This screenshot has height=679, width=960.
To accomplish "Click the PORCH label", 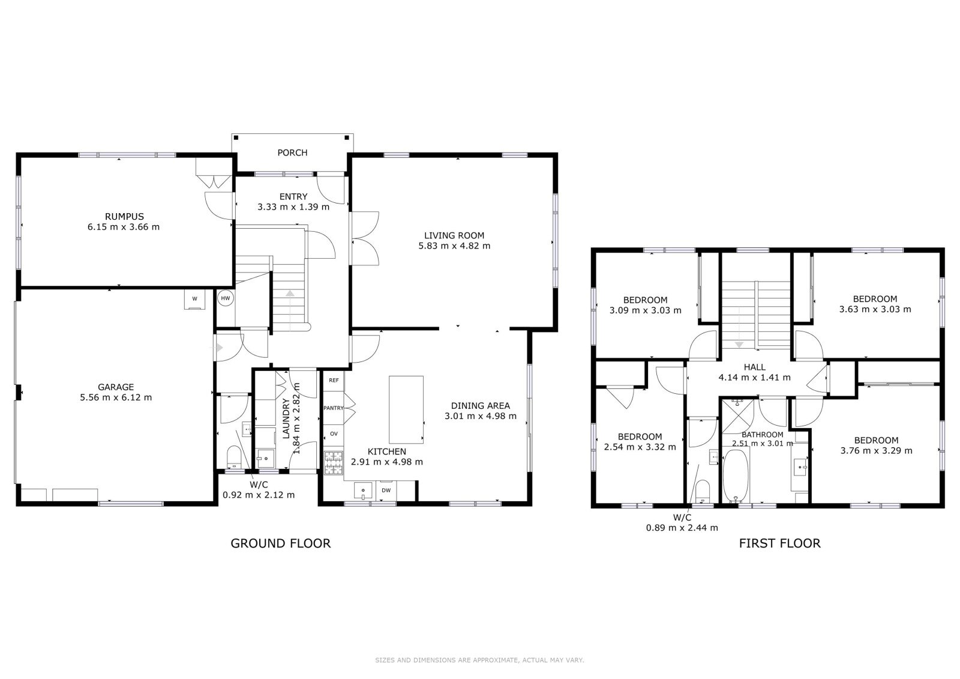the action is [x=292, y=152].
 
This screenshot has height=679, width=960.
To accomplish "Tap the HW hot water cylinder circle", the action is [x=226, y=298].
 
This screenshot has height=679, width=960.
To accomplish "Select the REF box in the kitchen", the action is [x=334, y=381].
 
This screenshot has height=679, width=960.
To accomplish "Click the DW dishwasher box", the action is [x=386, y=490].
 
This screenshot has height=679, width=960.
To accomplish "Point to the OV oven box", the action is [x=334, y=434].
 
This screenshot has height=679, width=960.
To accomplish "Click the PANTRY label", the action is [x=334, y=408].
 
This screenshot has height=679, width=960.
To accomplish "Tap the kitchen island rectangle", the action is [x=406, y=409].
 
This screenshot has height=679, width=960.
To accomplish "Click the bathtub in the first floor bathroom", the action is [x=736, y=475].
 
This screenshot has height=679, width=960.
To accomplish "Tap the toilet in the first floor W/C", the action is [x=702, y=491].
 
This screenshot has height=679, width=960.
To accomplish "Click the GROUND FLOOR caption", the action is [x=281, y=543].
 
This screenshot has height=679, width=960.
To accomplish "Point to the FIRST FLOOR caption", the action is [x=779, y=543].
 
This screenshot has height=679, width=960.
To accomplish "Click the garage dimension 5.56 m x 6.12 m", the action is [x=116, y=397].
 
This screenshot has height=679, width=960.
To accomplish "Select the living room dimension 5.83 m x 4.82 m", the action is [x=454, y=246].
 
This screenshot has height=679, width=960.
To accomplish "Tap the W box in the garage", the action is [x=194, y=299].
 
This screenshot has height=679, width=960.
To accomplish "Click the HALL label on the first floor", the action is [x=754, y=367].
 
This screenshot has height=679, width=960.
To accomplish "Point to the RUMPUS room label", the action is [x=124, y=217].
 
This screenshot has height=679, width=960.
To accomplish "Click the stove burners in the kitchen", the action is [x=334, y=463].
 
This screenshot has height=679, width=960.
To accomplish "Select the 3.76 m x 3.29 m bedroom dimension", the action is [x=876, y=451].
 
